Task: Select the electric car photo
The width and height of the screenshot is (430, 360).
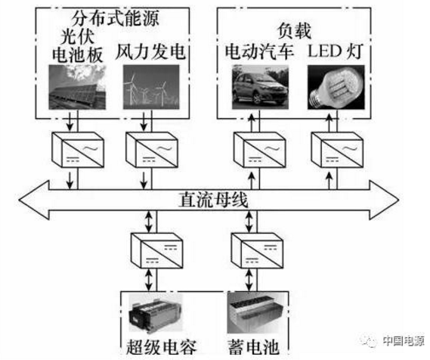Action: point(258,85)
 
